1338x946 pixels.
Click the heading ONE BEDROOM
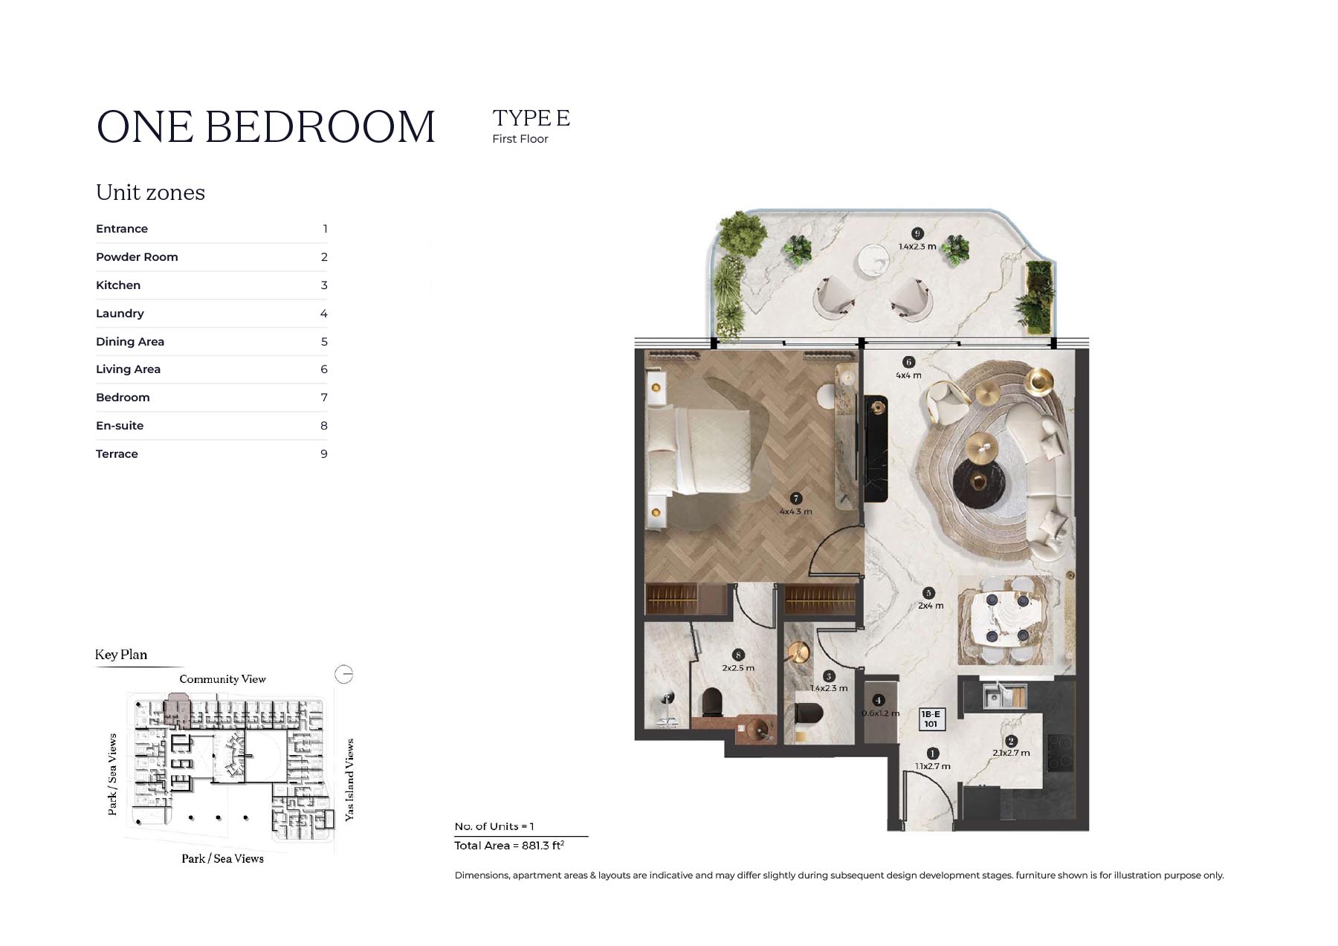coord(265,127)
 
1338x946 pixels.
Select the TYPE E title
coord(531,118)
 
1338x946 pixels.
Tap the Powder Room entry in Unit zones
coord(137,257)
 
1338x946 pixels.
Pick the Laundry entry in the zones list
coord(120,314)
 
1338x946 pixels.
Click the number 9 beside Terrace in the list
coord(324,454)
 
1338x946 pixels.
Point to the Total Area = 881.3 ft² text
coord(509,846)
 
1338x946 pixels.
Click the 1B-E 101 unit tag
coord(931,719)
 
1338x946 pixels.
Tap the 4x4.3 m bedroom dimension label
coord(795,511)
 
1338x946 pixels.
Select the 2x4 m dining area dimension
coord(930,606)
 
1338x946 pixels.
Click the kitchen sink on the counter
coord(1003,696)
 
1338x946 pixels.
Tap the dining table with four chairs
coord(1006,618)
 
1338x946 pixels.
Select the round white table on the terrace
coord(873,262)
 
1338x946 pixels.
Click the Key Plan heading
coord(121,655)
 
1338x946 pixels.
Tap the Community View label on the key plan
coord(222,679)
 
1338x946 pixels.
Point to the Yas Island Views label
coord(349,780)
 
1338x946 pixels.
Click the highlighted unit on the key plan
coord(177,704)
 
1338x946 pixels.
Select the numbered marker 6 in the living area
coord(908,362)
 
